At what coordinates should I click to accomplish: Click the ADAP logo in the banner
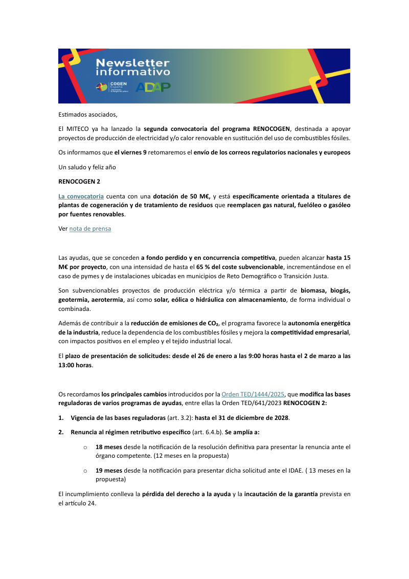(153, 87)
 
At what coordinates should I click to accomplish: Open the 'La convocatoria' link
(81, 196)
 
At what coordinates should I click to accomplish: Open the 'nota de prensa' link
(90, 229)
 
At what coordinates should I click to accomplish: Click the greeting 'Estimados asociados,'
(88, 114)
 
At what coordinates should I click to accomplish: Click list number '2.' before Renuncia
(61, 432)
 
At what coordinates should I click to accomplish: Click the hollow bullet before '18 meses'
(85, 447)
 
